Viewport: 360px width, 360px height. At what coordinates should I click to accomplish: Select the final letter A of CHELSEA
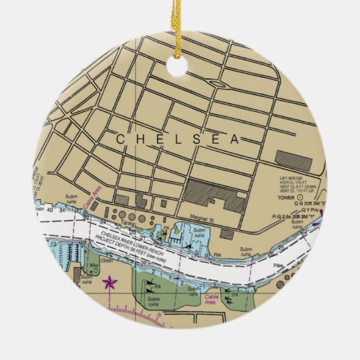point(235,140)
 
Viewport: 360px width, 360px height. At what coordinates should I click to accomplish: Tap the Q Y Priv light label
point(310,210)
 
